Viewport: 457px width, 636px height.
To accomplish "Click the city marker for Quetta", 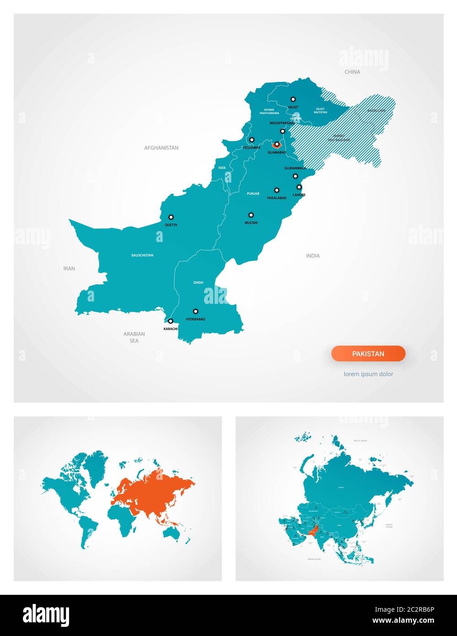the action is (x=171, y=217).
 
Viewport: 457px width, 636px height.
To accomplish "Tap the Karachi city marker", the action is (x=171, y=321).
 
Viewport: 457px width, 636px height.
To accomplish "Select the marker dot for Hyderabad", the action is (x=195, y=311).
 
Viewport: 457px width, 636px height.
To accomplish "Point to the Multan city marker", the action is (x=251, y=215).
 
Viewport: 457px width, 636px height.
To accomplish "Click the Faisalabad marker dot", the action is (x=276, y=190).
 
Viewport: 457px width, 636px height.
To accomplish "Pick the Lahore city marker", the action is (x=299, y=187).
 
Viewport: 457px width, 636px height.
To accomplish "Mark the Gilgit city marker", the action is (x=293, y=99).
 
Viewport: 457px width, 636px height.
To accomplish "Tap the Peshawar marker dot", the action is (x=252, y=140).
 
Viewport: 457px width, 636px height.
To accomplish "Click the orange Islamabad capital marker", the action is (x=276, y=144).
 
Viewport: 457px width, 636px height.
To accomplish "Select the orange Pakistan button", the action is (x=368, y=354).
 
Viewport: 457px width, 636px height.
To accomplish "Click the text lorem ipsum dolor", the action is (x=368, y=374).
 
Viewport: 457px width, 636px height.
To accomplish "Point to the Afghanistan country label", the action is (x=161, y=148).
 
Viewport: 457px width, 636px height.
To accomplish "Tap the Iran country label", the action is (x=69, y=269).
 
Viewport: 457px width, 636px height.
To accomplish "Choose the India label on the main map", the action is (x=313, y=256).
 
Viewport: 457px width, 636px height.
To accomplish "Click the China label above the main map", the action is (x=352, y=72).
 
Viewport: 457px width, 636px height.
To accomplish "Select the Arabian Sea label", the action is (x=134, y=337).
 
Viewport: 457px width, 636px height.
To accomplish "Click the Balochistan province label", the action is (x=142, y=255).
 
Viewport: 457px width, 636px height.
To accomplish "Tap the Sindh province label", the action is (x=198, y=283).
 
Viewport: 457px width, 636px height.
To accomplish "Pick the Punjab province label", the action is (x=253, y=194).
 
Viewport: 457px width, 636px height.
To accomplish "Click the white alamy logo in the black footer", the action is (x=46, y=615).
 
